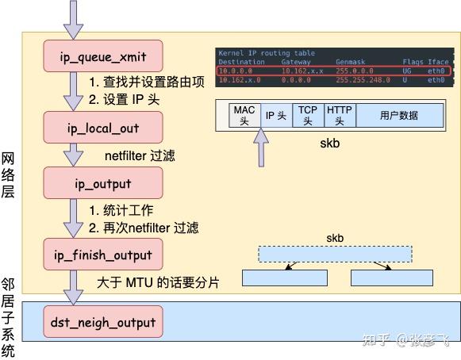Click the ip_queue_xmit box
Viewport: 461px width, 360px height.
103,56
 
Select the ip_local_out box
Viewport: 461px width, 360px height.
103,127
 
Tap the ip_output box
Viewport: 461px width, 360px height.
103,184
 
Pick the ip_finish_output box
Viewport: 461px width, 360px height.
103,255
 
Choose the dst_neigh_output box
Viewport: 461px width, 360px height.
103,323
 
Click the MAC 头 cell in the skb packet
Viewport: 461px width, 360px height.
243,116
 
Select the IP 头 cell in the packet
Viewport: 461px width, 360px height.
275,116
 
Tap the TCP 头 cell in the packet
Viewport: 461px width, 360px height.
307,116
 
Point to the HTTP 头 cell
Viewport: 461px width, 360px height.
339,116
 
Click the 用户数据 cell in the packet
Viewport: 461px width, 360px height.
398,116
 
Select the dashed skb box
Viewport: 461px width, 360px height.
335,254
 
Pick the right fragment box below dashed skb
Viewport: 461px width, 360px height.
392,278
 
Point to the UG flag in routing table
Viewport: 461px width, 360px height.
407,71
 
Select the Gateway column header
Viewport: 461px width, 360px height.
296,62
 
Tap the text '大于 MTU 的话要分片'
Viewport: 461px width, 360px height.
158,282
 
